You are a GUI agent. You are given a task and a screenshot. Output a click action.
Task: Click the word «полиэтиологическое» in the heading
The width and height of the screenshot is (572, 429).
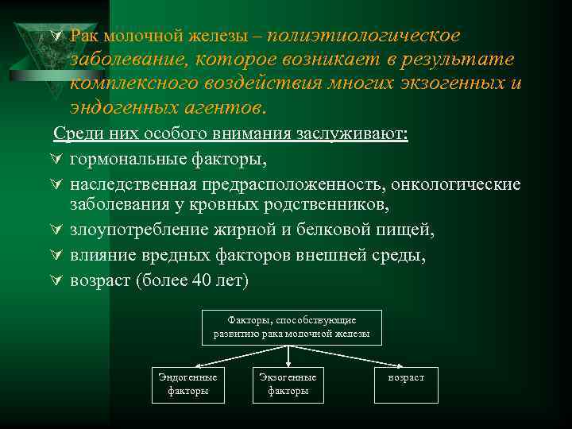pos(363,36)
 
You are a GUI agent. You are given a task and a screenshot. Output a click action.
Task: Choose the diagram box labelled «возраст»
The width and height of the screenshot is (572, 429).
pos(406,377)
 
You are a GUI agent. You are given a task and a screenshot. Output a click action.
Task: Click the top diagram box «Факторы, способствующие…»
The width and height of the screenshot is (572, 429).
pos(292,327)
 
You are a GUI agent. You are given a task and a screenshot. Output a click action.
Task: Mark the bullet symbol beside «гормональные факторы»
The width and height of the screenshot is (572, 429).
pos(57,159)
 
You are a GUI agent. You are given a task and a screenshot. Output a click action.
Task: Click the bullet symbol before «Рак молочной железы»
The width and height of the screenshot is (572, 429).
pos(57,36)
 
